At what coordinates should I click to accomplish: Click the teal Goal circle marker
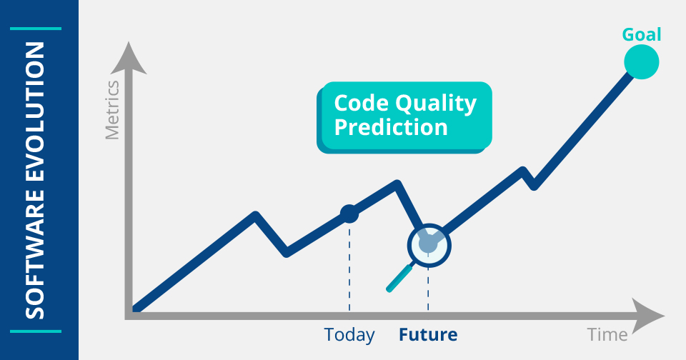(642, 61)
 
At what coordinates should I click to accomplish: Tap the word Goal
(642, 34)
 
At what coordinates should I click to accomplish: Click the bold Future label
(428, 334)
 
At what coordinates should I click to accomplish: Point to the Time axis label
(607, 334)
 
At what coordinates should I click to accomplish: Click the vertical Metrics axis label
(112, 110)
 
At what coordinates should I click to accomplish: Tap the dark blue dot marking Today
(349, 214)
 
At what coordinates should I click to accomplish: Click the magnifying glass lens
(429, 245)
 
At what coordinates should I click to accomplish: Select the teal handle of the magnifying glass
(399, 278)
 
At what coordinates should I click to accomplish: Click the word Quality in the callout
(436, 104)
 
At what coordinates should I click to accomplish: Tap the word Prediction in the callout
(391, 127)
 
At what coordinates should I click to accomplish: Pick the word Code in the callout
(362, 104)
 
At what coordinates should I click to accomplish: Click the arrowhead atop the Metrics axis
(128, 58)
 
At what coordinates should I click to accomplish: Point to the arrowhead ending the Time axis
(647, 316)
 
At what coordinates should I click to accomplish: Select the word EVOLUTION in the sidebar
(35, 111)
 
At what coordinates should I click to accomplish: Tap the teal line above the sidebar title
(36, 29)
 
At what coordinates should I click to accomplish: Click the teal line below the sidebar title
(36, 331)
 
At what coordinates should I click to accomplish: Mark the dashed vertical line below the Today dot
(349, 267)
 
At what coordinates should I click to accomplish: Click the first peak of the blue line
(256, 214)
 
